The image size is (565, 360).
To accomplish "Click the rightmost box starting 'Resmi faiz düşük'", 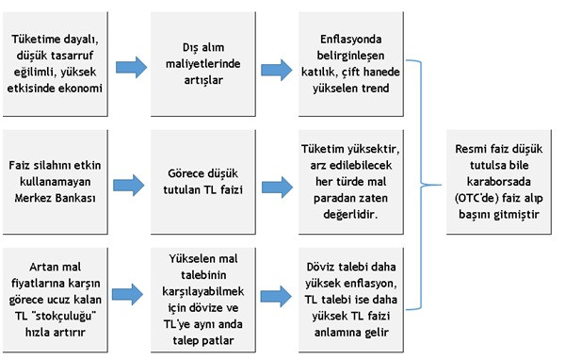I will pos(499,173).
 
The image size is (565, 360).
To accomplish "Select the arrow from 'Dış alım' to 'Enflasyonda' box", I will pos(276,67).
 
